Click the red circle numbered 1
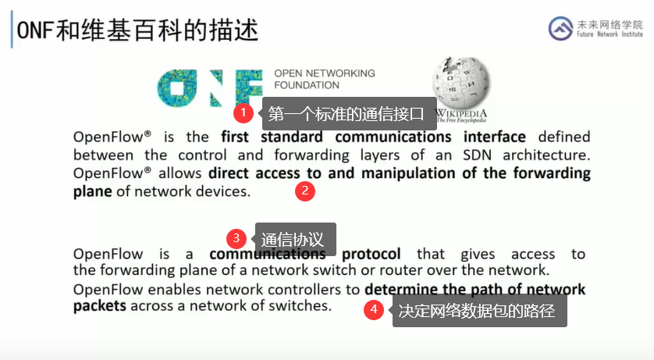(243, 112)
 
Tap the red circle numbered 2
(305, 191)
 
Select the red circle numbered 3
(236, 238)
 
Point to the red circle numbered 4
(374, 310)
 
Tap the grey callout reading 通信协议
(295, 239)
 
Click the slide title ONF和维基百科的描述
(137, 30)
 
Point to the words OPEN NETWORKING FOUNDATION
(325, 79)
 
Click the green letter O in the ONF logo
(177, 88)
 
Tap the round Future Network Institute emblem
(560, 28)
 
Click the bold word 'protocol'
(371, 254)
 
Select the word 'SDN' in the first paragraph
(477, 155)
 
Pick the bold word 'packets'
(100, 306)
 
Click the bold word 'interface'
(495, 137)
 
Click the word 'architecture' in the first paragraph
(546, 155)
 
